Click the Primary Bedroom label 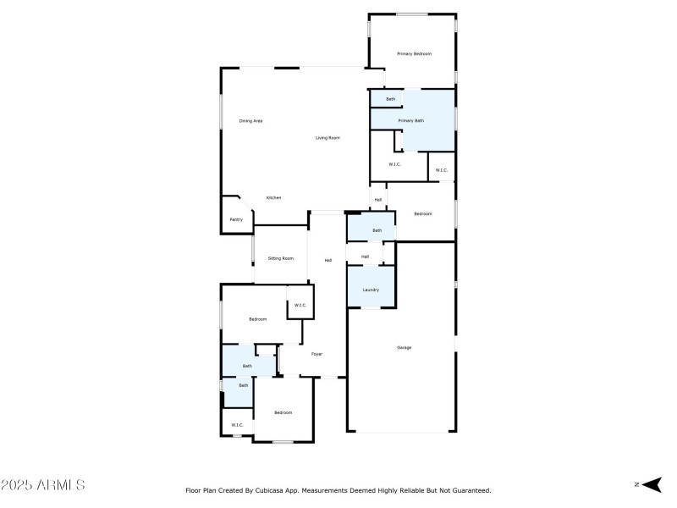[415, 53]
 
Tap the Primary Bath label [411, 121]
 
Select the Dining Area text [250, 121]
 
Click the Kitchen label [273, 198]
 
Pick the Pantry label [236, 220]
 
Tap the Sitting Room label [281, 258]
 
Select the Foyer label [316, 354]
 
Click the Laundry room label [371, 290]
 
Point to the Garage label [404, 347]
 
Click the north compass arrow [650, 484]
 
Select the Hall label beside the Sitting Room [327, 260]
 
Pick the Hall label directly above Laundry [365, 257]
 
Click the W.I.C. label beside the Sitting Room [300, 305]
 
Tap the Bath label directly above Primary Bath [390, 100]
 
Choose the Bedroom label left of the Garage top [422, 214]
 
